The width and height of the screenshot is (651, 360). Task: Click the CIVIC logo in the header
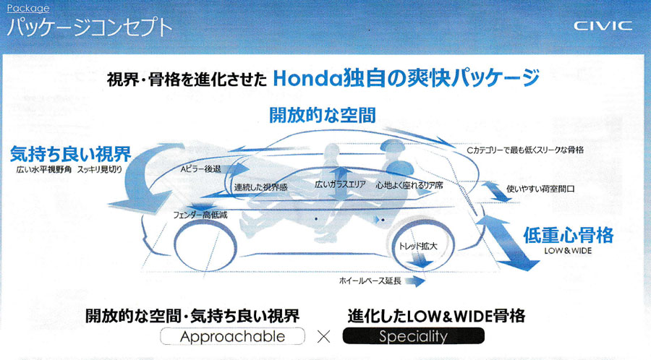pos(603,26)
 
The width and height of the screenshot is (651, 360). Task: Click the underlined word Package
pos(27,8)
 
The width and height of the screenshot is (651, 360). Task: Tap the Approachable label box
pos(232,336)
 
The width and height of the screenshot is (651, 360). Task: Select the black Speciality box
pos(414,336)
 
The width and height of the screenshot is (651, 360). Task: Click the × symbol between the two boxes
pos(324,336)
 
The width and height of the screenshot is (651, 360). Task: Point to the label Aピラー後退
pos(200,169)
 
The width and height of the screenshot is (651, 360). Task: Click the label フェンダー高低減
pos(200,215)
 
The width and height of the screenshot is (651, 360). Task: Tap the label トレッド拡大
pos(417,246)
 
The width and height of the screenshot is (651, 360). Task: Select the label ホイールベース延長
pos(370,280)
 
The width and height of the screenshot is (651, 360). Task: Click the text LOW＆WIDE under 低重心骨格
pos(568,251)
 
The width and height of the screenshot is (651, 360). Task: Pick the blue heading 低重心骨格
pos(568,235)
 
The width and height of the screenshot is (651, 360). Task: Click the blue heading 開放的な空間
pos(323,115)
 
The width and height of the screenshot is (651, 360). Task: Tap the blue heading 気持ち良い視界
pos(71,154)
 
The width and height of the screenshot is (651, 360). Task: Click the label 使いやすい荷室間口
pos(540,189)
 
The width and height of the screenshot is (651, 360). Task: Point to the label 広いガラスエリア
pos(340,184)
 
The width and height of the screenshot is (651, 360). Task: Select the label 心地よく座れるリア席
pos(409,185)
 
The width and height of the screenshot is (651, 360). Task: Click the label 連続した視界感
pos(260,187)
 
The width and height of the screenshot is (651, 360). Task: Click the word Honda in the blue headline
pos(307,78)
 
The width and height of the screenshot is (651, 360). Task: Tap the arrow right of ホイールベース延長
pos(414,281)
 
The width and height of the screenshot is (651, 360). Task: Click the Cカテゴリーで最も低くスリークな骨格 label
pos(525,150)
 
